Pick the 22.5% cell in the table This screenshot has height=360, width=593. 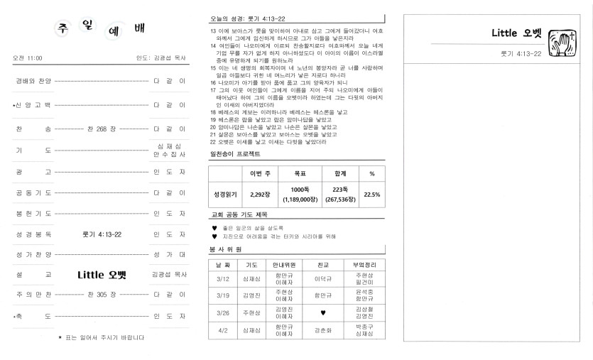pos(371,194)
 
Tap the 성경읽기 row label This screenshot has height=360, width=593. pos(224,194)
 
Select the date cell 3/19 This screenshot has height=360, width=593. pos(222,295)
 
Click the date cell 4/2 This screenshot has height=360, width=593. pos(222,330)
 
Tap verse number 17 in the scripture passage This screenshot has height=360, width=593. pos(213,90)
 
